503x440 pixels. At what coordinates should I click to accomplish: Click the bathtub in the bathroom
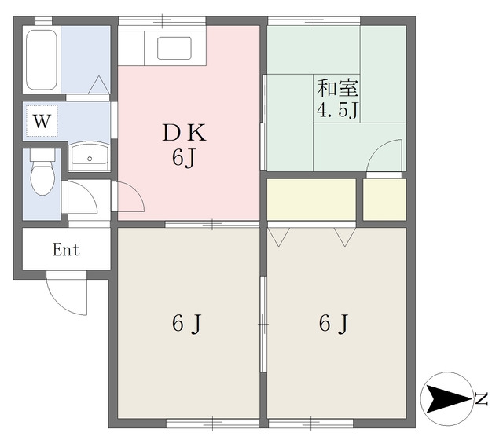pos(42,60)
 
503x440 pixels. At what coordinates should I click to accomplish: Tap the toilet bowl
pos(42,178)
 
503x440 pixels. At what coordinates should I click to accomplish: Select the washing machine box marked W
pos(42,121)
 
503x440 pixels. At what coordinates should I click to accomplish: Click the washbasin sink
pos(90,156)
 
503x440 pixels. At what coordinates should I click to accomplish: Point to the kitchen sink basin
pos(174,48)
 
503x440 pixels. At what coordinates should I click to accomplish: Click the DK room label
pos(184,133)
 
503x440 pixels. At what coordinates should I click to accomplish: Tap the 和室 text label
pos(337,87)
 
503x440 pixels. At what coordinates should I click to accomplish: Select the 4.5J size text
pos(337,111)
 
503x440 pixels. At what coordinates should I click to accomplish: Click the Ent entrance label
pos(66,250)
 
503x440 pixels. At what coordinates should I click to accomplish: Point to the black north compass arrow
pos(447,398)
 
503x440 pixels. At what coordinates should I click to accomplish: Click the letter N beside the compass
pos(481,398)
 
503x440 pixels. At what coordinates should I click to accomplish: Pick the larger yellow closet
pos(311,200)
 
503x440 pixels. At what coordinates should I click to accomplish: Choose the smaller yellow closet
pos(384,200)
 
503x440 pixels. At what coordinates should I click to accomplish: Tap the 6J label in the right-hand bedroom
pos(333,323)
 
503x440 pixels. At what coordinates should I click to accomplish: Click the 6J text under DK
pos(183,158)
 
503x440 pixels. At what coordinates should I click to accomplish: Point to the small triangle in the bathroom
pos(99,85)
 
